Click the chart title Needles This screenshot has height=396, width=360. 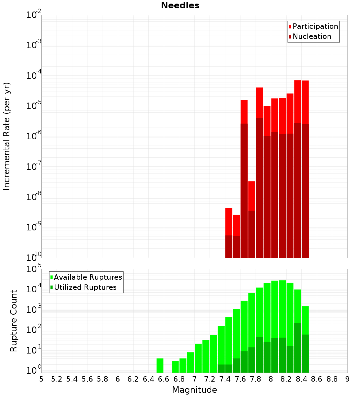tap(180, 5)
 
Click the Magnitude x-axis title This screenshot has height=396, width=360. tap(194, 390)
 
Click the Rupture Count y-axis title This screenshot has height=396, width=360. tap(14, 321)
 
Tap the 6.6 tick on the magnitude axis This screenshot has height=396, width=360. tap(164, 379)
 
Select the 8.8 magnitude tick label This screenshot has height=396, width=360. tap(332, 379)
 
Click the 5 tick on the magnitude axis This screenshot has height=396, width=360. tap(41, 379)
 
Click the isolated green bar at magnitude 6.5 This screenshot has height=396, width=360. tap(160, 365)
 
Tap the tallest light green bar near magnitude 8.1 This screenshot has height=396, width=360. tap(282, 310)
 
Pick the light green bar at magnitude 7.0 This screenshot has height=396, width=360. tap(198, 358)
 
